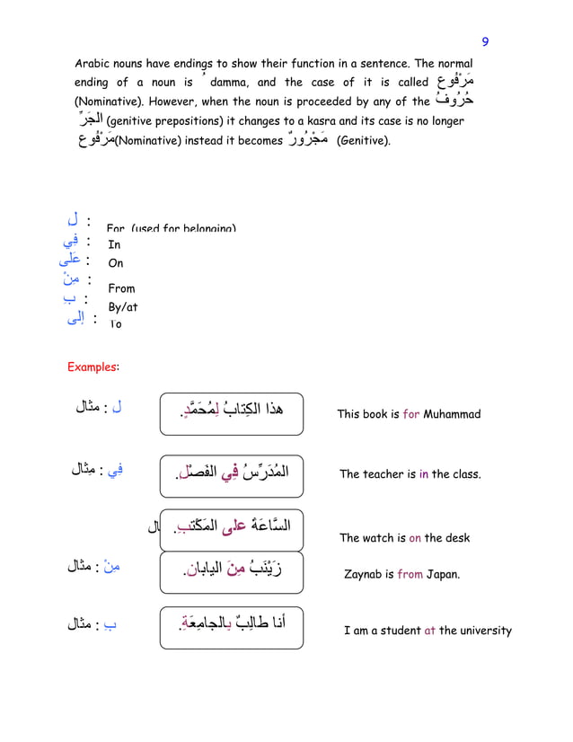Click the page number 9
point(485,41)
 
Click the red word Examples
point(93,367)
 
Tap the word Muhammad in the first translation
point(452,414)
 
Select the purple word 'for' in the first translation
point(411,414)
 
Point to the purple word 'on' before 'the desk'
point(415,538)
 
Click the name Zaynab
point(364,574)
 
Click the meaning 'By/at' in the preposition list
point(122,307)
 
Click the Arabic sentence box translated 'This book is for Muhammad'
point(232,414)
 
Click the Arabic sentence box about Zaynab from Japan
point(232,572)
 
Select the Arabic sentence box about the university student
point(232,628)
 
